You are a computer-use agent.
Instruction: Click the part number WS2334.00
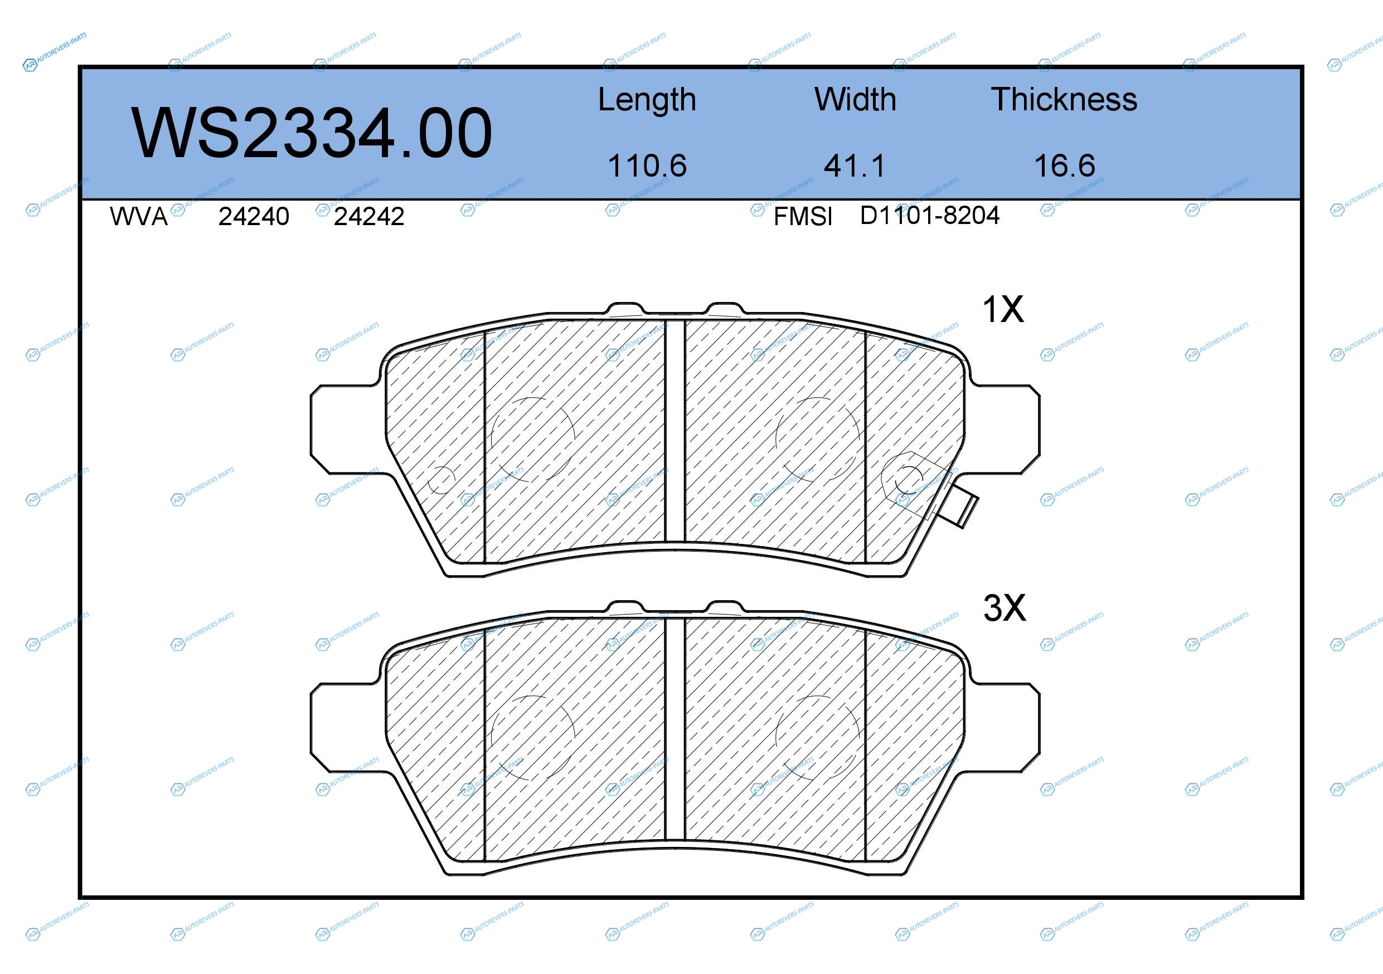(312, 133)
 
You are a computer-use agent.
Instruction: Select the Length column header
(647, 100)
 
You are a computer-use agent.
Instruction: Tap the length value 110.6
(647, 165)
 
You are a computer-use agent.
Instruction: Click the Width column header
(855, 99)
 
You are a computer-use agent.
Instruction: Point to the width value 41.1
(855, 165)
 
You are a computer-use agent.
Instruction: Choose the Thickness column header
(1064, 99)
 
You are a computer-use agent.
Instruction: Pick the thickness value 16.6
(1064, 165)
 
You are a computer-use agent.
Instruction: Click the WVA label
(139, 216)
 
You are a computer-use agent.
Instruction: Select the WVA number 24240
(254, 216)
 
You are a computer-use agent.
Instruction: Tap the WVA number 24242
(368, 216)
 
